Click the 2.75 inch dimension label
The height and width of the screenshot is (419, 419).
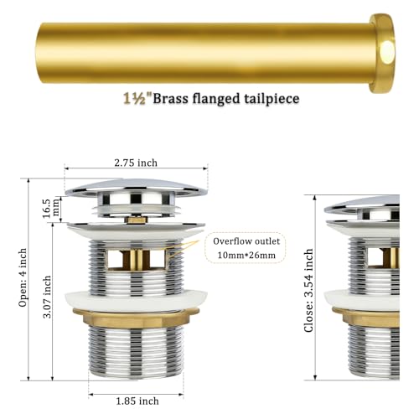[136, 163]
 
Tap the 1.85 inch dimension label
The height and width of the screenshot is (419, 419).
[137, 401]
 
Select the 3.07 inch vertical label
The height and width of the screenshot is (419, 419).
[47, 297]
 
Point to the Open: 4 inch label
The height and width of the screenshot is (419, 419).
[23, 277]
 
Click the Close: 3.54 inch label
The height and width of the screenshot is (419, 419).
[308, 291]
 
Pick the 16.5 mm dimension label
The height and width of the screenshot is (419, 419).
[50, 209]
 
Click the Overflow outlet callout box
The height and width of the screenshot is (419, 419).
[246, 248]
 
